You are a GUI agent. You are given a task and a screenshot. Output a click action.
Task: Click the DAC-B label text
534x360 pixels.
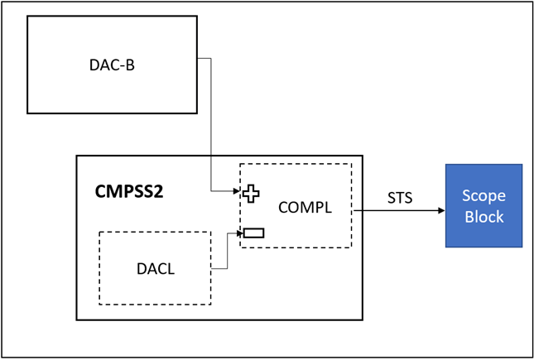(x=111, y=65)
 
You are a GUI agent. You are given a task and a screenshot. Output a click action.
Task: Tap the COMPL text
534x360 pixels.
(x=305, y=208)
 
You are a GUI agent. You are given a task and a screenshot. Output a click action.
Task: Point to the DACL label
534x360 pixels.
(x=155, y=268)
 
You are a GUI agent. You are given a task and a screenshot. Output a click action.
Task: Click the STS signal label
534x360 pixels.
(x=400, y=199)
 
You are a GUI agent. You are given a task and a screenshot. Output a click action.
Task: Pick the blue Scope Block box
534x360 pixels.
(x=483, y=205)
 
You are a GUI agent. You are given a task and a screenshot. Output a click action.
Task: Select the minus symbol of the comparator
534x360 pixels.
(x=253, y=232)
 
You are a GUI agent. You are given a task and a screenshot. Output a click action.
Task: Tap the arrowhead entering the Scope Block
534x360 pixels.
(x=440, y=210)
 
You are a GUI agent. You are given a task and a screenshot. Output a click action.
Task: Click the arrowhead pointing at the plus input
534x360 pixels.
(x=237, y=192)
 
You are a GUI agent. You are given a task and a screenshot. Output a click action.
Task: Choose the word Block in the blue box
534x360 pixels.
(x=483, y=216)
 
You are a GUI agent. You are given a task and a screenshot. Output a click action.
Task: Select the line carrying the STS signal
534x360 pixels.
(x=397, y=210)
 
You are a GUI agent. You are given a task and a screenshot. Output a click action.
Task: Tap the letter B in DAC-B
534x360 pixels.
(x=129, y=65)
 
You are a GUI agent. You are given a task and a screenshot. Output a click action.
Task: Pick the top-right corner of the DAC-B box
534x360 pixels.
(x=198, y=16)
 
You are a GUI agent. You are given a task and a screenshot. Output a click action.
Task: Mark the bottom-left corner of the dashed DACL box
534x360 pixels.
(x=99, y=303)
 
